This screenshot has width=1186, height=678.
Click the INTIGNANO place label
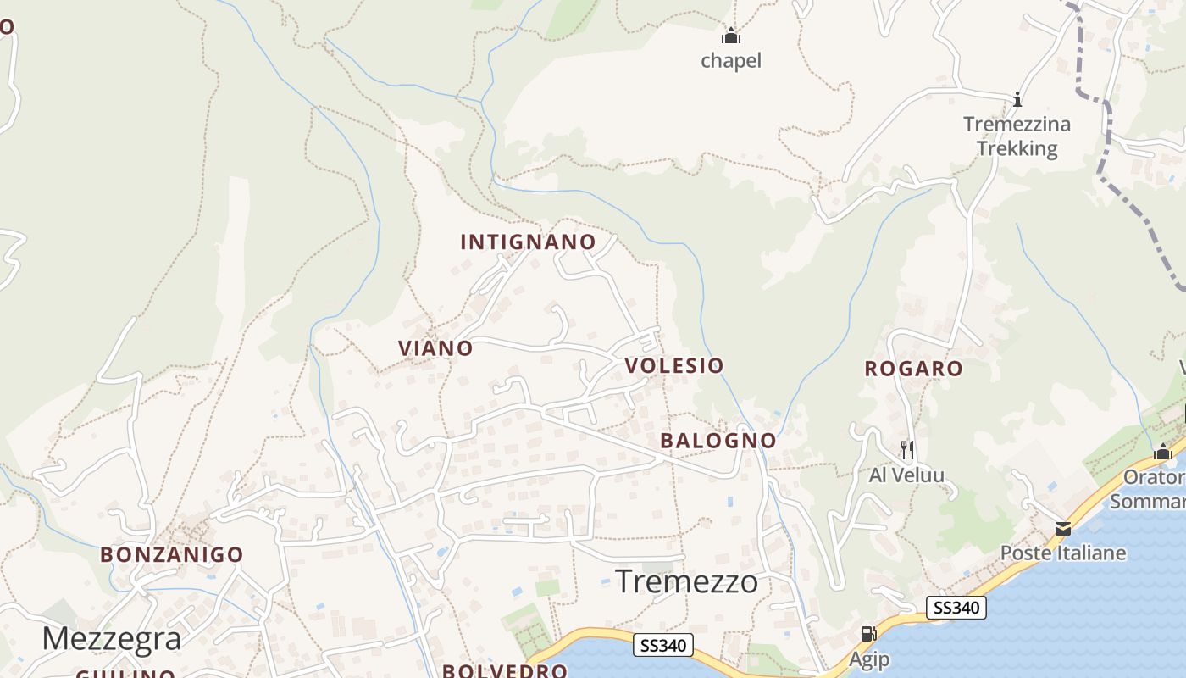click(528, 242)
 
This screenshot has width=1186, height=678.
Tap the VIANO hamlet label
click(435, 348)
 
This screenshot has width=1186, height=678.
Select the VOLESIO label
click(674, 366)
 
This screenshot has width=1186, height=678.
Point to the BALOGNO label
click(718, 441)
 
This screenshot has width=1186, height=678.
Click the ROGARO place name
click(913, 369)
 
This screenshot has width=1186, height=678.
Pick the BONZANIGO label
click(172, 555)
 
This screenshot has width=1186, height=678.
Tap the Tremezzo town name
click(686, 582)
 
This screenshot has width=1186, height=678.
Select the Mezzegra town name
click(111, 639)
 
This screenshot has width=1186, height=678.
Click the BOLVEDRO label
click(504, 671)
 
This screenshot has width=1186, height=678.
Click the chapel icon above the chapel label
click(731, 36)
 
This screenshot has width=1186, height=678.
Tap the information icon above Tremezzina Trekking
click(1017, 99)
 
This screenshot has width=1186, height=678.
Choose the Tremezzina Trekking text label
click(1017, 136)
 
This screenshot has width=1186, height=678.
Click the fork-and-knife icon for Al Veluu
click(906, 449)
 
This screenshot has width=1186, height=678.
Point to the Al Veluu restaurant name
click(906, 475)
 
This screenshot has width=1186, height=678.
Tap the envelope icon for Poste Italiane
click(1062, 529)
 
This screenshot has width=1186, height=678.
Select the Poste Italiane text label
click(1063, 553)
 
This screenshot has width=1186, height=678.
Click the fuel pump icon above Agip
click(868, 634)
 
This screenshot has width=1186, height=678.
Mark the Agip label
click(870, 659)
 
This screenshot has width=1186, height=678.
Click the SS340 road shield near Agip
click(956, 608)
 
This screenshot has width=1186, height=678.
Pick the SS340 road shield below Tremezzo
click(663, 646)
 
